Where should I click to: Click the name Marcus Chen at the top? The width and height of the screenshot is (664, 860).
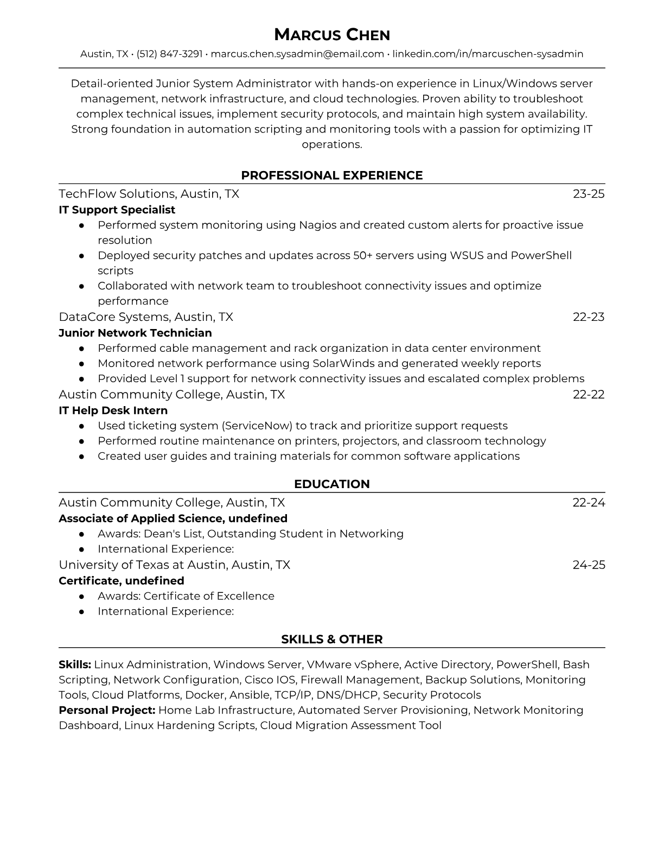click(x=331, y=35)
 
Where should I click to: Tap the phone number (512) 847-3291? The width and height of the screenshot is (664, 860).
click(x=169, y=54)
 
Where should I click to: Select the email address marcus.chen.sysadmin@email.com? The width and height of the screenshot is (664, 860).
click(x=297, y=54)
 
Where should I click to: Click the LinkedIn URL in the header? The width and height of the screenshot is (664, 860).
click(x=488, y=54)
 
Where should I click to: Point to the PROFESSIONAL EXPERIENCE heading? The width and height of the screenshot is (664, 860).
click(x=331, y=175)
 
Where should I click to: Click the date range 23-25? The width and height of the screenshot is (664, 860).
click(x=589, y=194)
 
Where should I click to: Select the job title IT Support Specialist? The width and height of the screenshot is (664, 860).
click(x=117, y=210)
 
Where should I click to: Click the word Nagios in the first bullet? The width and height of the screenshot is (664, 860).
click(x=317, y=225)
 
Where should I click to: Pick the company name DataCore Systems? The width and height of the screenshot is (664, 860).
click(x=114, y=317)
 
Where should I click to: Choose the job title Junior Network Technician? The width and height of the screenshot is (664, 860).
click(x=135, y=333)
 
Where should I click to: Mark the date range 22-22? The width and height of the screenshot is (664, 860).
click(x=589, y=394)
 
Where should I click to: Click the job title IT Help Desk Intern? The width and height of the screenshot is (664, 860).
click(x=113, y=410)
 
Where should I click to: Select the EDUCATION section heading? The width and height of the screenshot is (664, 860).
click(x=331, y=484)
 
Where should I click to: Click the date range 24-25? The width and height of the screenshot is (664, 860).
click(x=589, y=565)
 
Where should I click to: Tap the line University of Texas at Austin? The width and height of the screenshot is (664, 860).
click(x=174, y=565)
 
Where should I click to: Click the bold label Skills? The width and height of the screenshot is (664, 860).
click(x=75, y=665)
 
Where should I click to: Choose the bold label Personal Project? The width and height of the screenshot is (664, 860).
click(x=107, y=710)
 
